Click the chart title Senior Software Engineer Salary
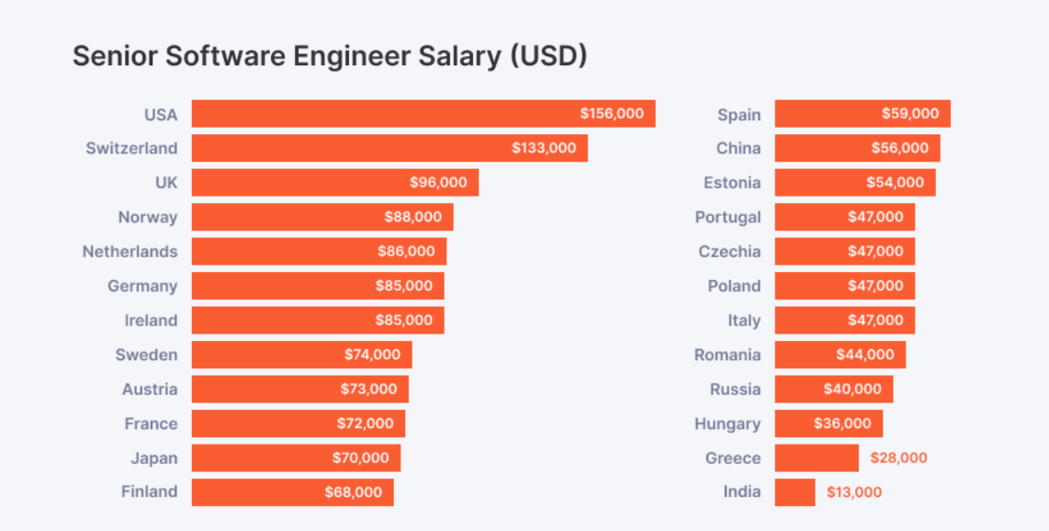pos(329,56)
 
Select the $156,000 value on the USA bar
pos(612,114)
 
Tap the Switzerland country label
pos(131,148)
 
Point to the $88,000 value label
pos(412,217)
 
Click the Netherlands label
pos(130,252)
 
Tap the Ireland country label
pos(151,321)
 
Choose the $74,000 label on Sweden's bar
pos(372,355)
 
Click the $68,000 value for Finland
pos(353,492)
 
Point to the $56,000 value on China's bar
pos(899,148)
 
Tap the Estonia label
pos(731,183)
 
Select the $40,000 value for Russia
pos(852,390)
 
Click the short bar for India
pos(795,492)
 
